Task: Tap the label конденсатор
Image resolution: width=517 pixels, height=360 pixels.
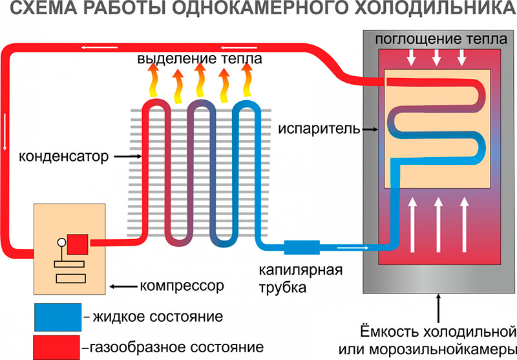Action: (61, 156)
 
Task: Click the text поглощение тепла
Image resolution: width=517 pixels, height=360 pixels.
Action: (437, 40)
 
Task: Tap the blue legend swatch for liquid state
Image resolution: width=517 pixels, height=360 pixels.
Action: (58, 317)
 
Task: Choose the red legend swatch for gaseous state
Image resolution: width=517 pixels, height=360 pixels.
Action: (58, 346)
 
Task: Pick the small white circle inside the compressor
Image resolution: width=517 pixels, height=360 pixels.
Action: (62, 244)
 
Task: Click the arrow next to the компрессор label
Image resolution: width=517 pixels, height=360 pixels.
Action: (123, 285)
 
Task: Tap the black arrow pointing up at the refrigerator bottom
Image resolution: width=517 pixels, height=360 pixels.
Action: (439, 308)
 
